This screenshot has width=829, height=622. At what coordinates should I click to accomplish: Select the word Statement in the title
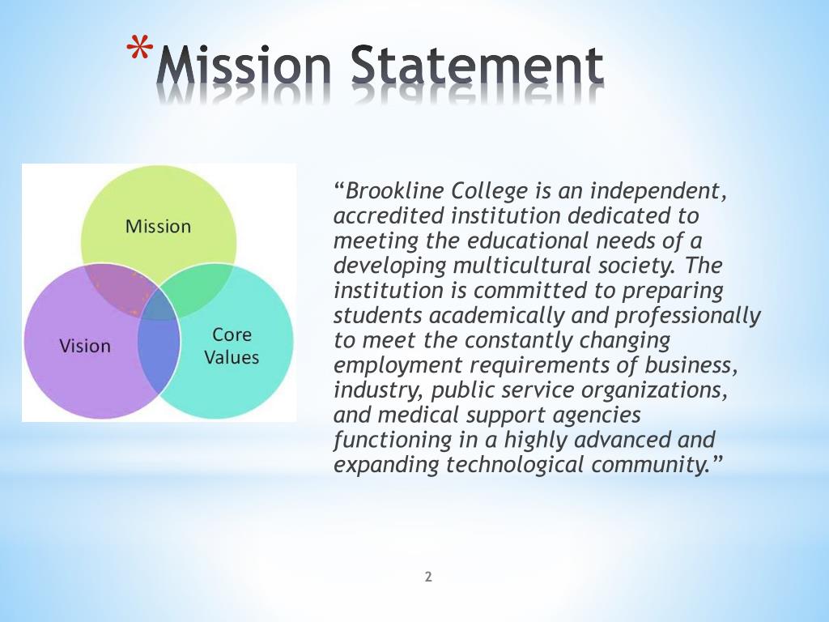pos(478,67)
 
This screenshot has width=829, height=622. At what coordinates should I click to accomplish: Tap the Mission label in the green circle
pos(158,226)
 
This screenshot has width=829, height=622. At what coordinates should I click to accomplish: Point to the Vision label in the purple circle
pos(85,346)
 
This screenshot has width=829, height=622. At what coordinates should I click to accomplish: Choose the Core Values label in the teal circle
pos(232,346)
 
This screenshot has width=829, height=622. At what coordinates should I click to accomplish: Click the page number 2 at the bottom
pos(428,577)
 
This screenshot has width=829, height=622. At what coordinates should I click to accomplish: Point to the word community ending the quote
pos(657,465)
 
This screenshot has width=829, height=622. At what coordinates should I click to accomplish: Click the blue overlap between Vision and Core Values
pos(158,349)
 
